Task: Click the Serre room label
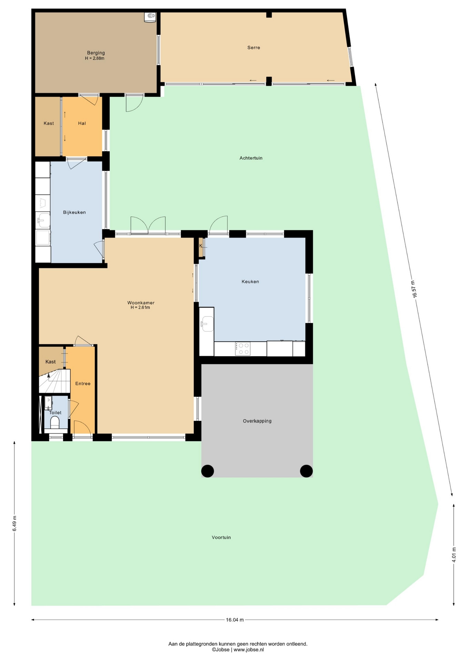click(x=254, y=48)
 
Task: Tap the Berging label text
click(x=96, y=53)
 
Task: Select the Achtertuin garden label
click(x=251, y=158)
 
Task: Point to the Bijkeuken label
click(x=74, y=212)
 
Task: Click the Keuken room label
click(x=250, y=282)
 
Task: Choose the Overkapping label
click(x=257, y=421)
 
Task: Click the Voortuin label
click(x=221, y=537)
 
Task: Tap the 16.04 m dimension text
click(x=235, y=620)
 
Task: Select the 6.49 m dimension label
click(x=14, y=523)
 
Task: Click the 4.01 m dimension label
click(x=454, y=555)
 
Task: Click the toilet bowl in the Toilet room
click(x=55, y=422)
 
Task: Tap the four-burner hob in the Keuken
click(x=243, y=349)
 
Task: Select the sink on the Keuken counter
click(x=207, y=324)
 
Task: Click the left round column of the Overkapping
click(x=207, y=471)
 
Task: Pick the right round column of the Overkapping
click(x=306, y=471)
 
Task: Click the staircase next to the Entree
click(x=54, y=381)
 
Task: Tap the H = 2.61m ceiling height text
click(x=140, y=307)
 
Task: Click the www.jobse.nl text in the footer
click(x=249, y=650)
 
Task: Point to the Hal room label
click(x=82, y=123)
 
